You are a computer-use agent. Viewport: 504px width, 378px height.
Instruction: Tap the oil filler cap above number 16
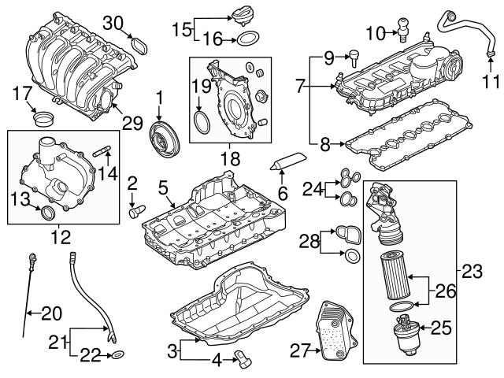click(242, 15)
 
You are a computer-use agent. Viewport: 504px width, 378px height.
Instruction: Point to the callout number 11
click(491, 80)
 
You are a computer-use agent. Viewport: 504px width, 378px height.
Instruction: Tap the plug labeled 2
click(135, 210)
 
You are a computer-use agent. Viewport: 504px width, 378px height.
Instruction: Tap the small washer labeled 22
click(116, 356)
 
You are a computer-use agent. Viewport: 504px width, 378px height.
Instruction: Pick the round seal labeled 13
click(48, 213)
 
